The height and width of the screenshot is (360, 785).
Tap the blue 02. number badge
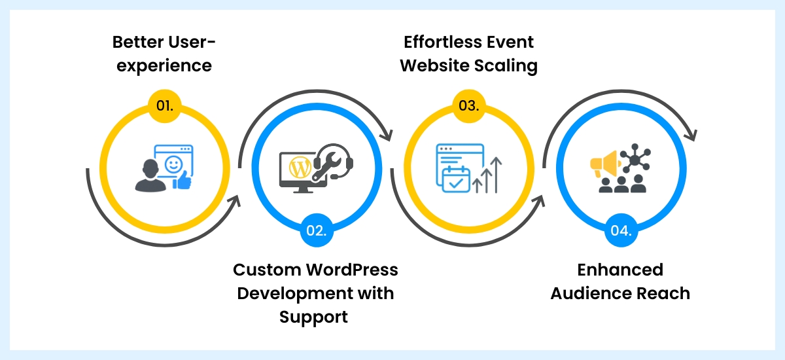point(316,230)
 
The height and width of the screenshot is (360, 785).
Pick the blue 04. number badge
point(620,230)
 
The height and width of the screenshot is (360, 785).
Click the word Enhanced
point(620,270)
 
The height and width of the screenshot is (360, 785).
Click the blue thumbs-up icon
point(181,180)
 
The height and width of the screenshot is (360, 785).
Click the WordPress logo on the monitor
point(298,167)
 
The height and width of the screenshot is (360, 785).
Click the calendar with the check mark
point(455,179)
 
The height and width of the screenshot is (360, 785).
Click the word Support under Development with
point(314,317)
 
